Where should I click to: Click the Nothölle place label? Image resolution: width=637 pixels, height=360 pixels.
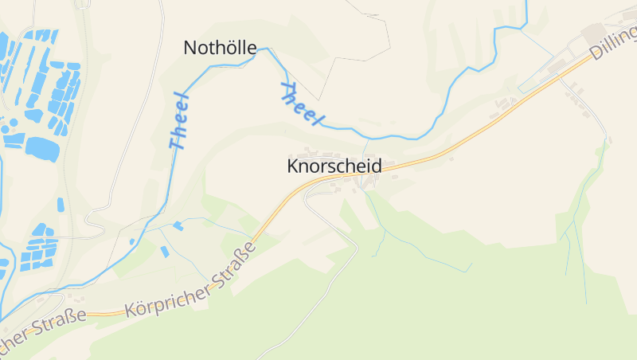pos(220,48)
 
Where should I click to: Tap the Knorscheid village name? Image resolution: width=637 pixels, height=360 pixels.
pos(334,166)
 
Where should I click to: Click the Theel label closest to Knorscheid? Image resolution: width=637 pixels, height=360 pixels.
pos(303,104)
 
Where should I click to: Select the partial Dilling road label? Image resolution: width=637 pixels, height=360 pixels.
pos(614,44)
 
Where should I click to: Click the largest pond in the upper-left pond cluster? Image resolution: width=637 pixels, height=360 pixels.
pos(42,148)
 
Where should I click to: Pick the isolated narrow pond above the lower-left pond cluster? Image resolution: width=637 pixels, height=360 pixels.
pos(61,205)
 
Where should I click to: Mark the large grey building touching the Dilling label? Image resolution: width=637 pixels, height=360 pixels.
pos(597,34)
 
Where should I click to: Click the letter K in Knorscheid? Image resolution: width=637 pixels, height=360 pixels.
pos(292,166)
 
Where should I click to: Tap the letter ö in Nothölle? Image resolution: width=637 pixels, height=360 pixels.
pos(219,48)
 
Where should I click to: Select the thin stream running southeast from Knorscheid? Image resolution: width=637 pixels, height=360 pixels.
pos(414,251)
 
